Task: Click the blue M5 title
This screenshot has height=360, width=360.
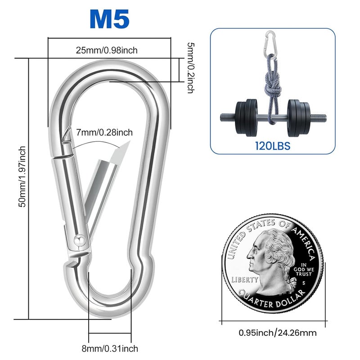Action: (109, 19)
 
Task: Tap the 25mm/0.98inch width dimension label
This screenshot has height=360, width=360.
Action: (107, 50)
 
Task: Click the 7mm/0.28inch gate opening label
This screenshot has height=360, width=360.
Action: (105, 132)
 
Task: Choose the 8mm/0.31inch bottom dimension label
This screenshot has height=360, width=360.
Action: (110, 348)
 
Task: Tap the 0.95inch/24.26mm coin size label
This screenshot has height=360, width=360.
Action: (277, 333)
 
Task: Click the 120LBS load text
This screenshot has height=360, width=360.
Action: (272, 145)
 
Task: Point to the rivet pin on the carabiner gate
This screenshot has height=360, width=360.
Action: (79, 240)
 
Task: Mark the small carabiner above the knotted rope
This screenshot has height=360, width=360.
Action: (270, 41)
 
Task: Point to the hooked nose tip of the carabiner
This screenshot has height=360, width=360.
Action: (67, 135)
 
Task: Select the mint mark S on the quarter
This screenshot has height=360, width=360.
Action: (304, 283)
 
